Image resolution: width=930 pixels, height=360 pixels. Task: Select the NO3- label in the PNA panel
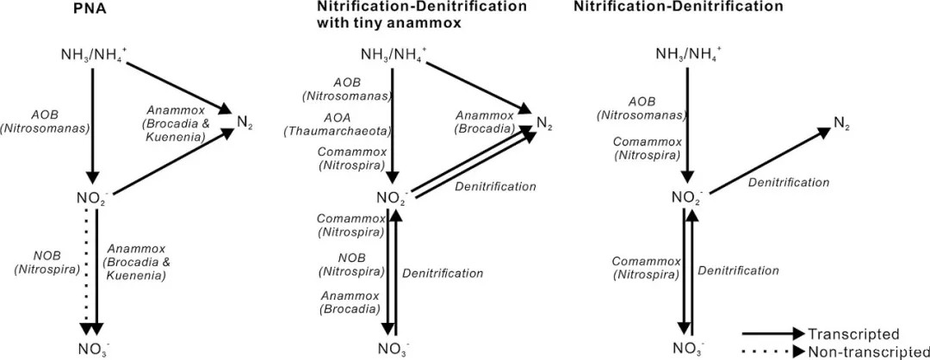click(92, 349)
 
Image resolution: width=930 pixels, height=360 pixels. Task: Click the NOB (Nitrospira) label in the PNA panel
click(46, 263)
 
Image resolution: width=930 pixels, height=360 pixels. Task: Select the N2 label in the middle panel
click(543, 121)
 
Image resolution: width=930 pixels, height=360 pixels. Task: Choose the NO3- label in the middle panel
click(393, 349)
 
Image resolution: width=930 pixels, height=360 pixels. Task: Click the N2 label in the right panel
click(841, 123)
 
